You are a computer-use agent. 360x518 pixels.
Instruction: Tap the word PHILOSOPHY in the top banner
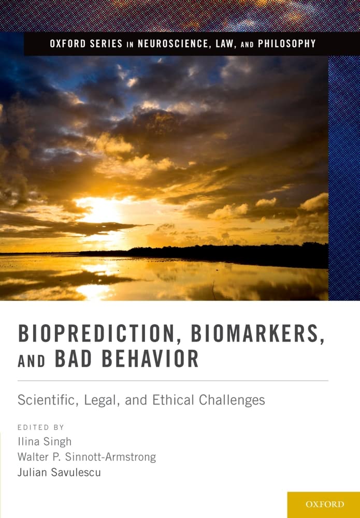286,44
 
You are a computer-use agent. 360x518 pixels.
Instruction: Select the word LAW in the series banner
225,44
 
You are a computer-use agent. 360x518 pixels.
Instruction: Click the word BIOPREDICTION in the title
96,334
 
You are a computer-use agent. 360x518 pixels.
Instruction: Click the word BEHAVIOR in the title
150,358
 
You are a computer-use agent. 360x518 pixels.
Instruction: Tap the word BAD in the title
74,358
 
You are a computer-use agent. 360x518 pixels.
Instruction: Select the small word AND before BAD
32,361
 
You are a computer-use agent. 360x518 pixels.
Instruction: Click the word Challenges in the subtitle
232,400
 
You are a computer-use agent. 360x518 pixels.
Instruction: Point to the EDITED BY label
41,427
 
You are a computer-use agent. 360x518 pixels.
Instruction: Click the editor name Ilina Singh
45,442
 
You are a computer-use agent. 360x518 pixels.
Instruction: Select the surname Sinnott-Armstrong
110,457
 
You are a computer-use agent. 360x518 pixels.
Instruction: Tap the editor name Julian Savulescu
59,472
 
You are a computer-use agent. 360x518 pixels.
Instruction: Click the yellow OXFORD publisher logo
323,505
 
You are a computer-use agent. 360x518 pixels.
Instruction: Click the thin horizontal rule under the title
173,381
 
